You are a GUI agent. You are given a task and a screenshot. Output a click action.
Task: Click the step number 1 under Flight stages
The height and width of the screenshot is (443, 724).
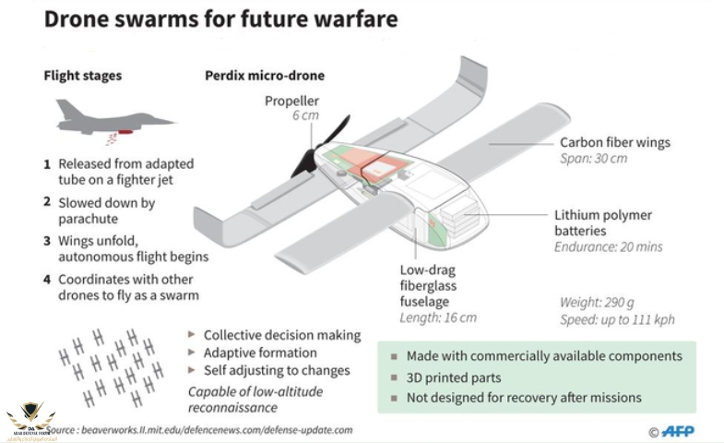[47, 164]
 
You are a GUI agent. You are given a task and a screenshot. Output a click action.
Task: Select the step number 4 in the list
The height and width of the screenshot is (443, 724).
[47, 279]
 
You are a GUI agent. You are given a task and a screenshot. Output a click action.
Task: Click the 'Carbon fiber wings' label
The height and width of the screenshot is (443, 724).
[615, 142]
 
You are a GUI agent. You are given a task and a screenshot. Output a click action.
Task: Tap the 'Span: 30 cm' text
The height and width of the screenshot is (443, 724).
[594, 159]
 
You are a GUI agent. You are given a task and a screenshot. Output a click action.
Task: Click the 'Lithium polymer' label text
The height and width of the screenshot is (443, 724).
[603, 215]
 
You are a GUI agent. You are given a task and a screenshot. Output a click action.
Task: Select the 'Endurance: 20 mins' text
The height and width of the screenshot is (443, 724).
[608, 246]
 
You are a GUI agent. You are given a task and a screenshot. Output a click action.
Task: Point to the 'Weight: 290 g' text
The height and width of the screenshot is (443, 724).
[598, 302]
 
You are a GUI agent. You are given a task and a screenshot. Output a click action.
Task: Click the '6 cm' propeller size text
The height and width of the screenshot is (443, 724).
[304, 115]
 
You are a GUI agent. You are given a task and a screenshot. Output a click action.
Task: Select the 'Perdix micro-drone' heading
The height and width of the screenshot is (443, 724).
[265, 75]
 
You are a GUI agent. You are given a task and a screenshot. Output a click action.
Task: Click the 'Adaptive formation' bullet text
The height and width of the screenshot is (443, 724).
[260, 353]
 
